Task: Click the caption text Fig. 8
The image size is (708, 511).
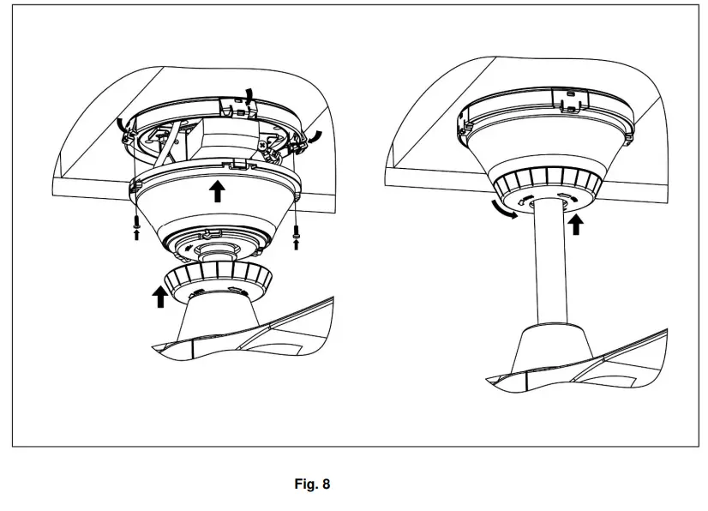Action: [x=312, y=484]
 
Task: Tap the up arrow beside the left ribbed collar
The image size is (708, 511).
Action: [x=159, y=297]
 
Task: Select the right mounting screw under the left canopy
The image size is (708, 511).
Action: [x=297, y=229]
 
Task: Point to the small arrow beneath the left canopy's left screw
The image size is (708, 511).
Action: [x=136, y=234]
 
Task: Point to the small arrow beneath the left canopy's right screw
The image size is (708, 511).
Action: [x=297, y=243]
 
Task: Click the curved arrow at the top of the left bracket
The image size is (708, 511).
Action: [x=248, y=96]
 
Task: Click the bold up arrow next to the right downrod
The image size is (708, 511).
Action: [x=576, y=224]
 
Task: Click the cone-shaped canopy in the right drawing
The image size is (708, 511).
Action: [x=549, y=146]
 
